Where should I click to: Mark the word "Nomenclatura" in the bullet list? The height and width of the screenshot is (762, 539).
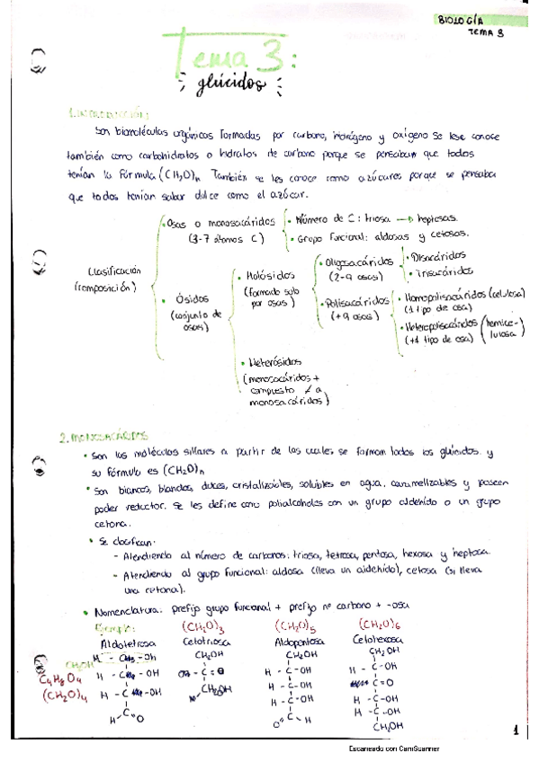[x=142, y=607]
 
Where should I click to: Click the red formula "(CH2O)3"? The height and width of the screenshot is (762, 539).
[x=204, y=626]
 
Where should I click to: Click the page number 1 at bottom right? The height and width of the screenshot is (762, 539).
[x=516, y=731]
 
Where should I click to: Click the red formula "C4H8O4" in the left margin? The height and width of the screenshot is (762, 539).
[x=58, y=678]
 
